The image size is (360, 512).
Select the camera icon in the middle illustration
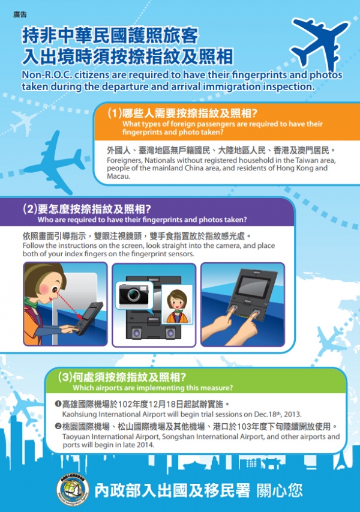tap(133, 294)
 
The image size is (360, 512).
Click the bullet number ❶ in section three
tap(58, 404)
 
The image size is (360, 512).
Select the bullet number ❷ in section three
tap(58, 427)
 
